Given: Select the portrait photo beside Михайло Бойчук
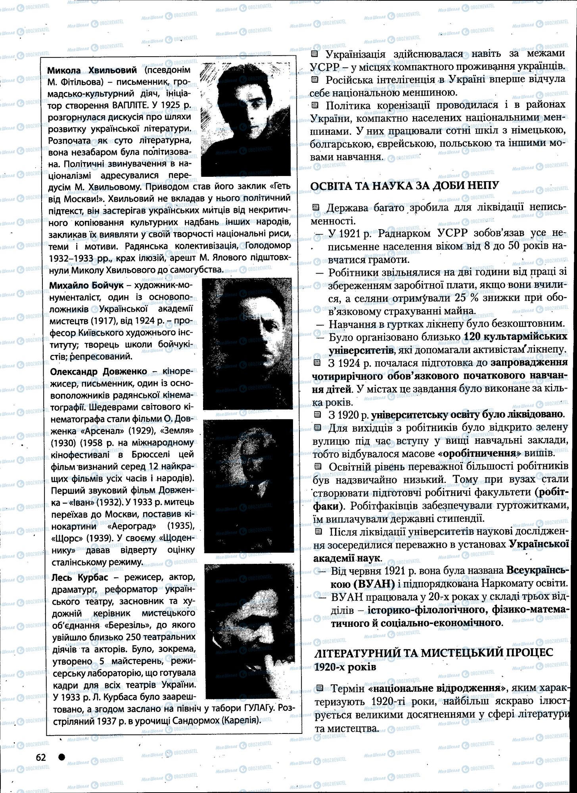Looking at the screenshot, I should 247,343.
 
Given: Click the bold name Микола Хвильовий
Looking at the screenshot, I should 92,70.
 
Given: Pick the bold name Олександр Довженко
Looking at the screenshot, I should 98,372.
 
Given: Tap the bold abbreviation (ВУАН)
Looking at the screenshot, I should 372,584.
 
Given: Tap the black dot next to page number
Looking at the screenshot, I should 61,757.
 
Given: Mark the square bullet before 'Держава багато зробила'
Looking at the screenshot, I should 316,207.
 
